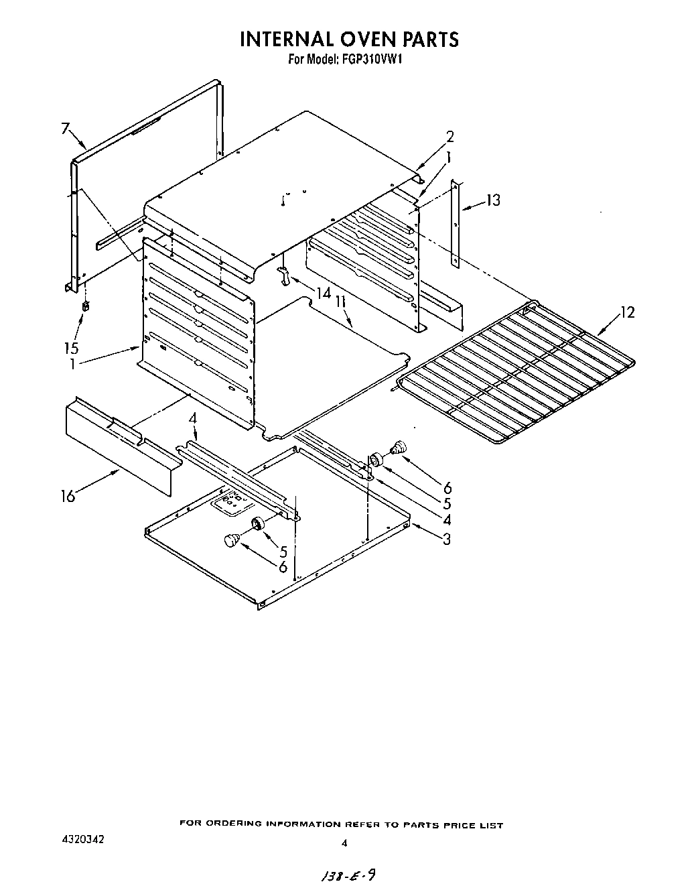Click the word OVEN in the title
359,39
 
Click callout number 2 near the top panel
449,137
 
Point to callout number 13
493,200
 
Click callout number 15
71,348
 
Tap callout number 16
68,497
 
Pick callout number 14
324,294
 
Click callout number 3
445,538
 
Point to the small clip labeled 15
85,307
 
